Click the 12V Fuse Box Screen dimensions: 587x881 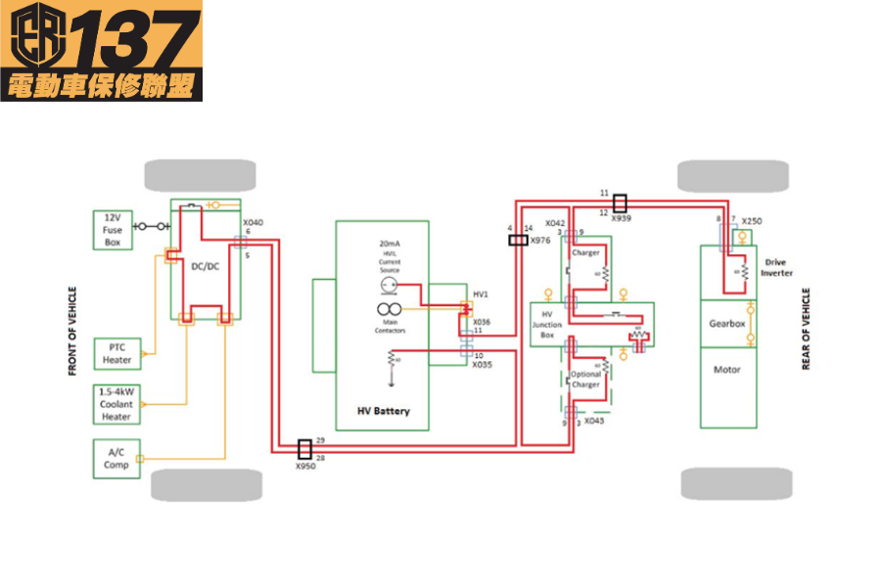112,229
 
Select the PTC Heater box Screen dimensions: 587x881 116,353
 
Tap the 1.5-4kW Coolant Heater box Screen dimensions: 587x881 116,404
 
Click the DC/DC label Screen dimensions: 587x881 206,265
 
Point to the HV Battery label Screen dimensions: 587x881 383,411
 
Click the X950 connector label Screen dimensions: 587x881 306,467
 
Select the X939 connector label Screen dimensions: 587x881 621,219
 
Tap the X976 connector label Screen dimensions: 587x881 540,240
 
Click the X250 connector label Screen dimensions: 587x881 752,221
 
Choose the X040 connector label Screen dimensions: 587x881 253,223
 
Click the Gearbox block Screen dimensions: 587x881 727,323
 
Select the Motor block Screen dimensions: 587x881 727,370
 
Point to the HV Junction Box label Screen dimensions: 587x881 547,325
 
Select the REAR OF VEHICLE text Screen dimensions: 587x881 806,329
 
